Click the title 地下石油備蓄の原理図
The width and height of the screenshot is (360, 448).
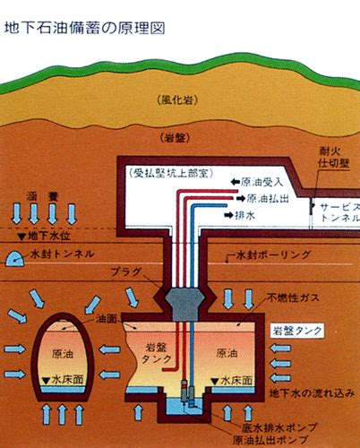(x=84, y=29)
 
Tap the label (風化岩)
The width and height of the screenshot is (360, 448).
(x=177, y=100)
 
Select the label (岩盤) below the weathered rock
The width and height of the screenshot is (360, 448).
(x=175, y=138)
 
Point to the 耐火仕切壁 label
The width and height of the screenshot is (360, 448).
(x=334, y=157)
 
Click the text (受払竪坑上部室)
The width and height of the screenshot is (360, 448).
(x=171, y=173)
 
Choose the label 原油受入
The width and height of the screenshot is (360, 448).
(x=261, y=182)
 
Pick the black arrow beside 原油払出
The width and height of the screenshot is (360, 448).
(x=240, y=198)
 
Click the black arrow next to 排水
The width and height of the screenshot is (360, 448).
(x=228, y=215)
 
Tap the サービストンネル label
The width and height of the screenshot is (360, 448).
(x=340, y=212)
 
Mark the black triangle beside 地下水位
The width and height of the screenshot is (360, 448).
(x=21, y=237)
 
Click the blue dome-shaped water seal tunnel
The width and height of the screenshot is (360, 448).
(x=15, y=258)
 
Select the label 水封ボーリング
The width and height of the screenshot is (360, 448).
(x=273, y=254)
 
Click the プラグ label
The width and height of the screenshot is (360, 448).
(x=125, y=271)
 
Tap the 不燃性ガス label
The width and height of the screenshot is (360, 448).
(x=293, y=297)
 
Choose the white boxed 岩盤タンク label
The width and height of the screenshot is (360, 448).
(x=297, y=331)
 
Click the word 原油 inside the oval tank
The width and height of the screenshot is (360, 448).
(x=63, y=354)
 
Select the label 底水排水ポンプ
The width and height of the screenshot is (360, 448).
(x=279, y=427)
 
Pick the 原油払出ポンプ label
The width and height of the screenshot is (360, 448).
(x=270, y=440)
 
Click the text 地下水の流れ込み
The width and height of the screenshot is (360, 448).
(x=312, y=393)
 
